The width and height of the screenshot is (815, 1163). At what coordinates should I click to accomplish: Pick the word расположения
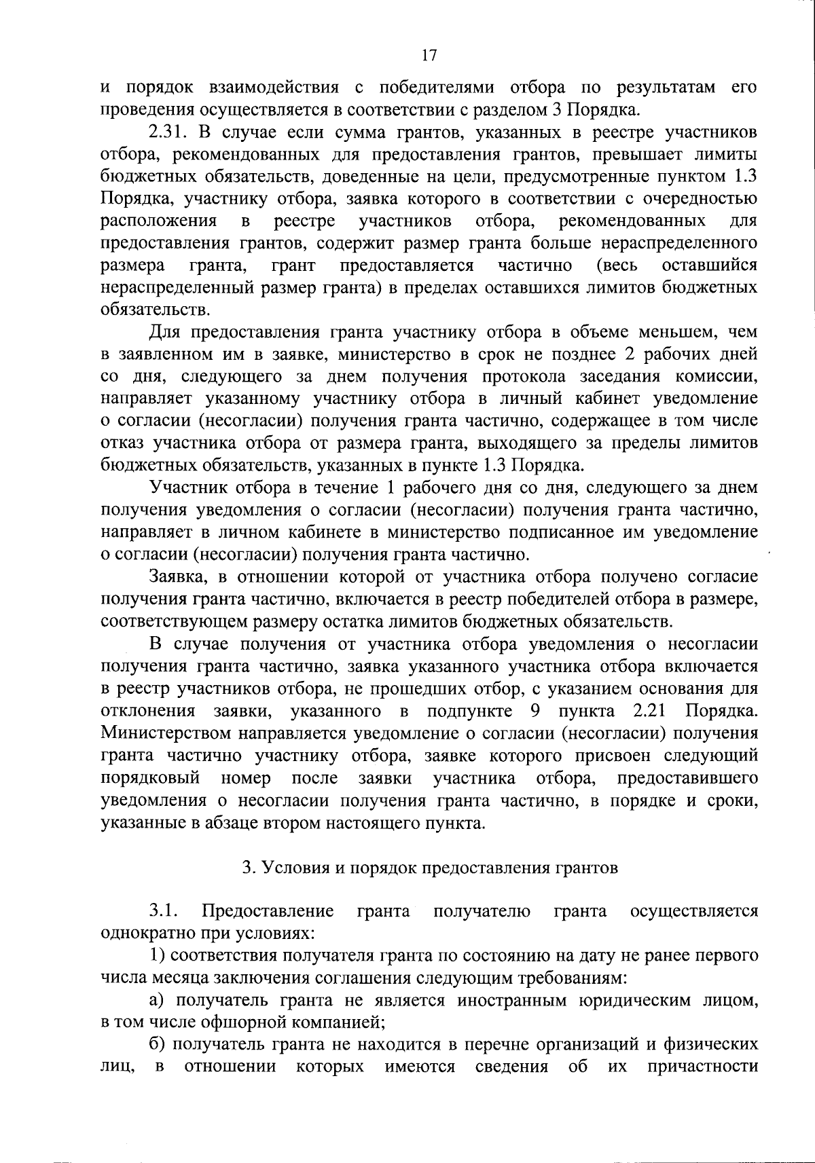point(158,221)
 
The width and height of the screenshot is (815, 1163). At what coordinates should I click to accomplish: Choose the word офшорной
point(254,1022)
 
